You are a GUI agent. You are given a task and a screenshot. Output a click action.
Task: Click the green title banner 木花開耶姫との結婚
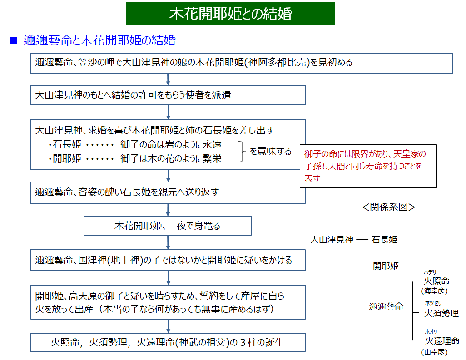pyautogui.click(x=230, y=14)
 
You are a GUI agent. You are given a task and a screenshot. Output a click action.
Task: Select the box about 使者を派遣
pyautogui.click(x=168, y=95)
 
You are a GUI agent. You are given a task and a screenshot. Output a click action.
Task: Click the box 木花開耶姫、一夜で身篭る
pyautogui.click(x=168, y=225)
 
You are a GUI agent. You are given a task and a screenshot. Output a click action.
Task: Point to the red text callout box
pyautogui.click(x=368, y=166)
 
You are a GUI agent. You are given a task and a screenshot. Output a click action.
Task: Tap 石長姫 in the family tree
pyautogui.click(x=384, y=239)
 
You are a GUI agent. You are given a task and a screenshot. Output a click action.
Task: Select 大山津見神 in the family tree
pyautogui.click(x=332, y=239)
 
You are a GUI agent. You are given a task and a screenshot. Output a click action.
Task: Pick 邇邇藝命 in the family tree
pyautogui.click(x=386, y=307)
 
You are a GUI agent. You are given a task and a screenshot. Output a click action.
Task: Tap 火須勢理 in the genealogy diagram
pyautogui.click(x=441, y=313)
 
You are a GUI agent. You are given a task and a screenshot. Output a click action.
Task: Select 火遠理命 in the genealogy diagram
pyautogui.click(x=442, y=340)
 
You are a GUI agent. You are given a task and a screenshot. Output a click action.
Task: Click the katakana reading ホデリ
pyautogui.click(x=430, y=272)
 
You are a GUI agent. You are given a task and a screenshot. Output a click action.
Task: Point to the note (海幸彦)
pyautogui.click(x=435, y=291)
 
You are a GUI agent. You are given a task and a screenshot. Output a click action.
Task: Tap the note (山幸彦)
pyautogui.click(x=435, y=352)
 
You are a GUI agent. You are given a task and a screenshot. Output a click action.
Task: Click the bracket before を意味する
pyautogui.click(x=242, y=151)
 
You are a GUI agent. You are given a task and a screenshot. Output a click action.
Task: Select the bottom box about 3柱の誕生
pyautogui.click(x=168, y=342)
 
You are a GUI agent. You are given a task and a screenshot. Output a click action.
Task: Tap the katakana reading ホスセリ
pyautogui.click(x=433, y=303)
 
